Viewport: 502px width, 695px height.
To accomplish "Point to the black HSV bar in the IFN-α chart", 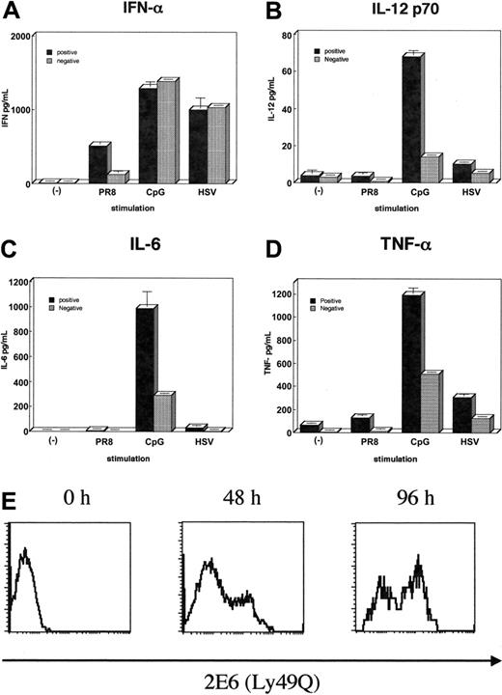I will click(x=198, y=145).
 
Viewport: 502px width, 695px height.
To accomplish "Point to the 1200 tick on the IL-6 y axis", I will click(x=15, y=282).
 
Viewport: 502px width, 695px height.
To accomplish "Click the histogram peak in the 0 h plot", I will click(x=26, y=551).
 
